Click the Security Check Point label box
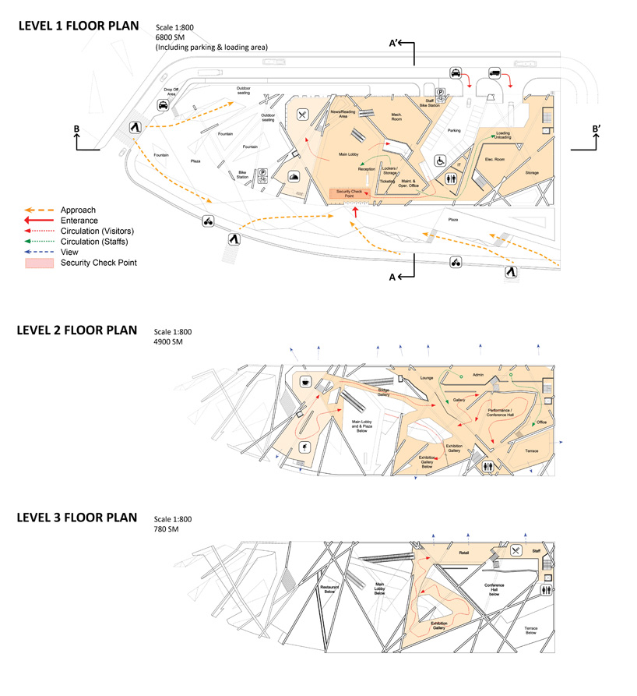tap(351, 193)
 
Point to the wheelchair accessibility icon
tap(439, 161)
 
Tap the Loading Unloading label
tap(503, 136)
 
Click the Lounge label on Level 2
tap(427, 378)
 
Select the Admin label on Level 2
tap(478, 376)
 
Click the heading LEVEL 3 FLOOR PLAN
tap(77, 518)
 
